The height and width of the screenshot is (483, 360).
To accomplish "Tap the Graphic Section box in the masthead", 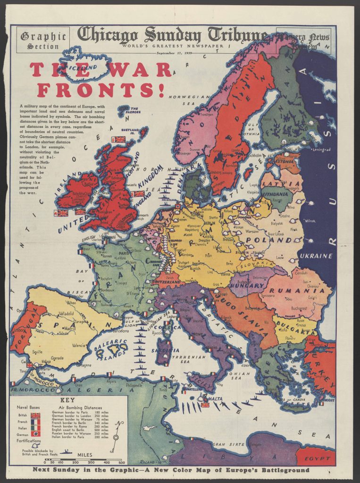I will pyautogui.click(x=43, y=41).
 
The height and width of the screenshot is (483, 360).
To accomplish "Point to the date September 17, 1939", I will pyautogui.click(x=173, y=53).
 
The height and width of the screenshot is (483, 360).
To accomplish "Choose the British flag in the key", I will pyautogui.click(x=35, y=416).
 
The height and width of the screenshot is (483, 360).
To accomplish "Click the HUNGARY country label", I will pyautogui.click(x=247, y=285).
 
